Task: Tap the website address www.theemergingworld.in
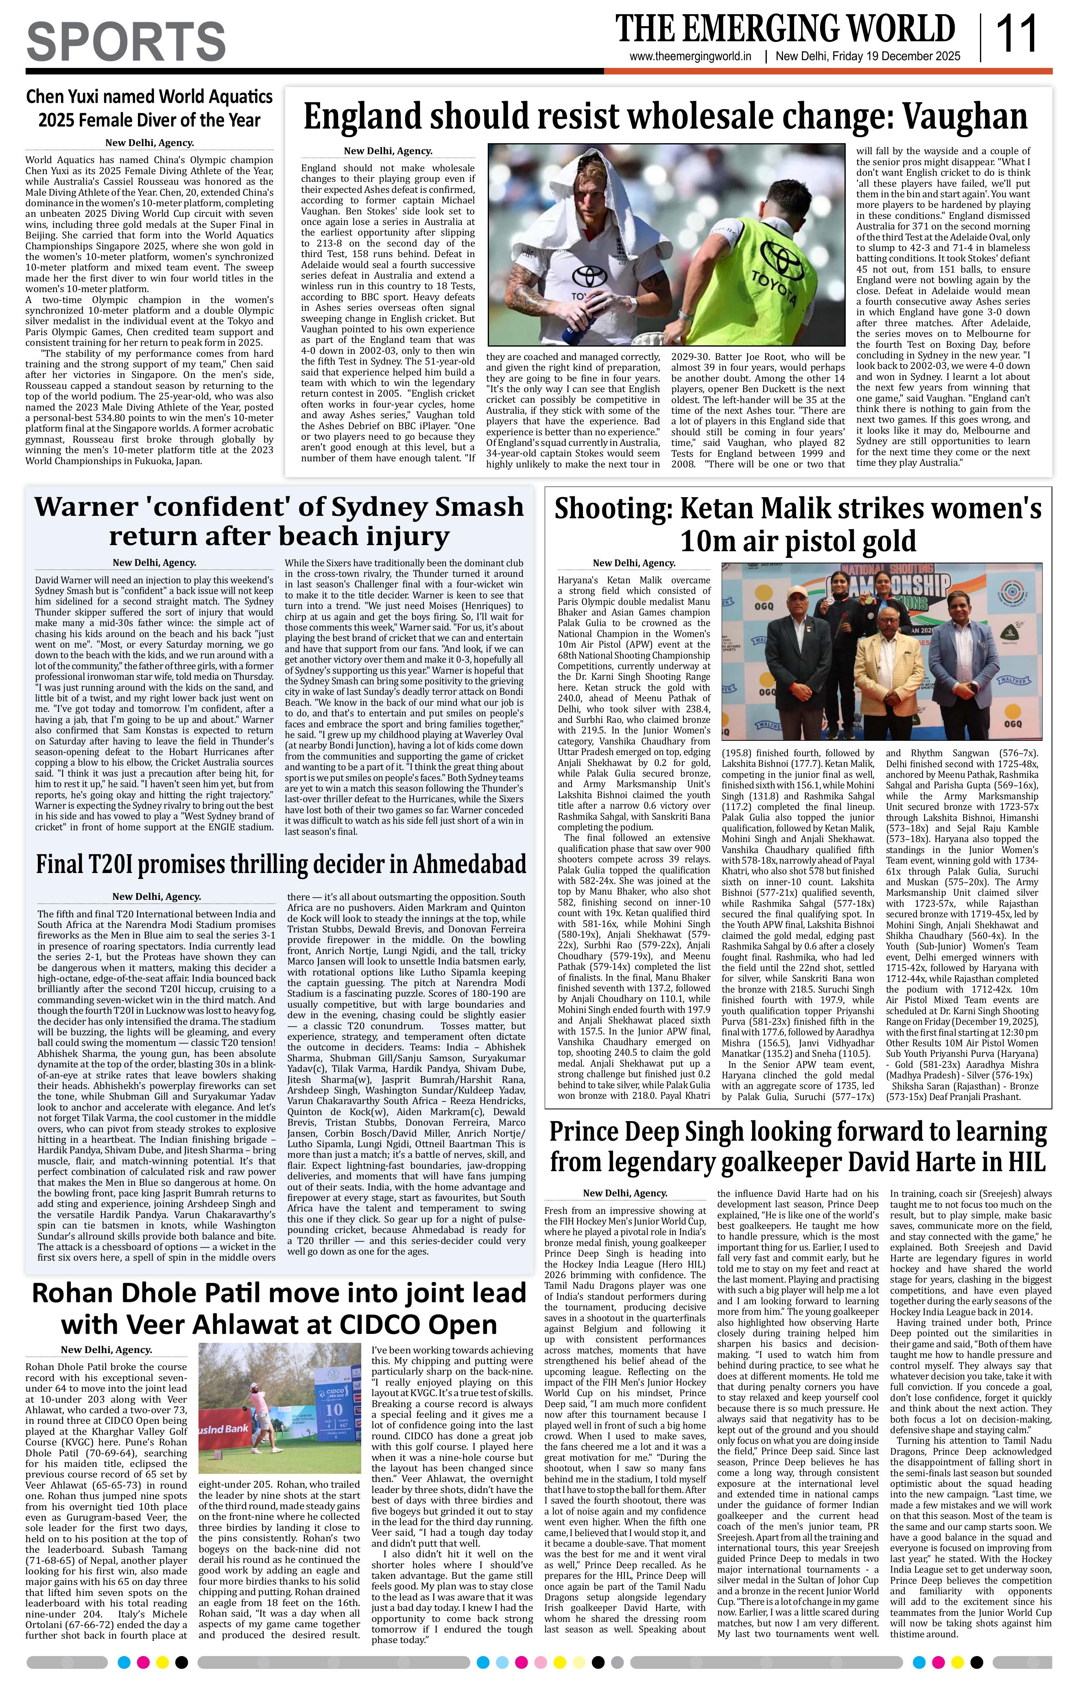690,57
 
